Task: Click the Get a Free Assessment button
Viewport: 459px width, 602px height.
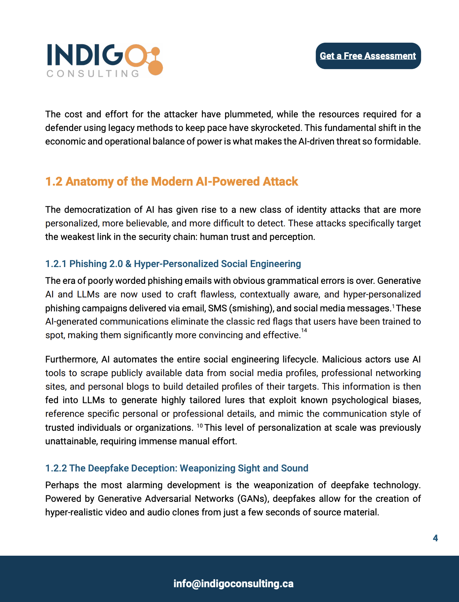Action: tap(368, 56)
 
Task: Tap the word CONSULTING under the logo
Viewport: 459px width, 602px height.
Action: tap(93, 73)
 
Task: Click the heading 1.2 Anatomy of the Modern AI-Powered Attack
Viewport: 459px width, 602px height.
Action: tap(172, 182)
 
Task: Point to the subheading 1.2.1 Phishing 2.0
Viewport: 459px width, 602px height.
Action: tap(173, 264)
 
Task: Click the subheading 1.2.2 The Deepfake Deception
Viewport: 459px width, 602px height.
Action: tap(176, 468)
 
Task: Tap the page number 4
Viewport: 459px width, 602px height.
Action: tap(435, 538)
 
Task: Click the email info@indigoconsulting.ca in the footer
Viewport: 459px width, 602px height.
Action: tap(233, 584)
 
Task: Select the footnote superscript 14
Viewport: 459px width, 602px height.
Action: tap(304, 331)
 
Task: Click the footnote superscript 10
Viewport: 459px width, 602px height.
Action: tap(200, 426)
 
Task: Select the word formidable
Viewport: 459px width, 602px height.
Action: tap(397, 142)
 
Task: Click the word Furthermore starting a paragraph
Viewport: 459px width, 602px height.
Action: tap(71, 360)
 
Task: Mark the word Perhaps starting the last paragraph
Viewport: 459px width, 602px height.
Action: tap(62, 485)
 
